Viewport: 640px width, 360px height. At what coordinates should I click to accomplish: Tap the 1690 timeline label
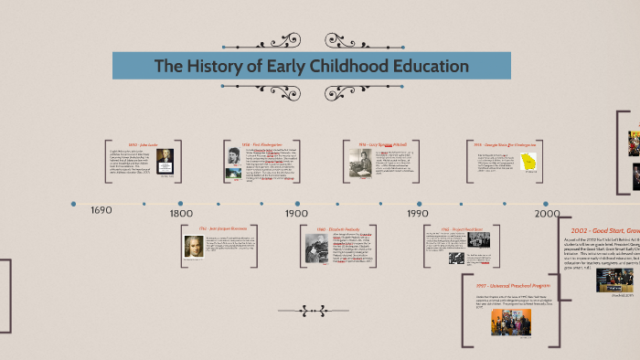(101, 211)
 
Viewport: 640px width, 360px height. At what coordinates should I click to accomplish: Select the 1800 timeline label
(181, 213)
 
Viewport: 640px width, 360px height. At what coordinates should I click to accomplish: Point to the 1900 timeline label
(296, 213)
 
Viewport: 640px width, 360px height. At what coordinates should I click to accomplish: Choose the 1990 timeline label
(418, 213)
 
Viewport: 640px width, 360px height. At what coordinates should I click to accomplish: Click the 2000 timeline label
(547, 213)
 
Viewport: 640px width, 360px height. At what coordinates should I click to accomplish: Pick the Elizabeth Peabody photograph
(316, 248)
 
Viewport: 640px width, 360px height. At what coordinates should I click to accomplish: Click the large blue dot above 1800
(180, 203)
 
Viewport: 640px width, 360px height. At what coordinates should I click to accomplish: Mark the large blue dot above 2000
(547, 203)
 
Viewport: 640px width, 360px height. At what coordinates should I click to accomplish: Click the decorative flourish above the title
(311, 41)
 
